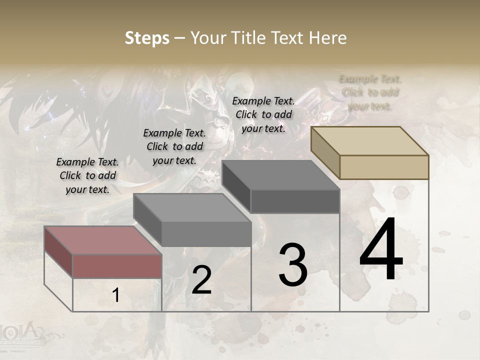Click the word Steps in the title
tap(147, 38)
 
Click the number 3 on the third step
tap(293, 264)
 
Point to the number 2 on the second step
tap(201, 280)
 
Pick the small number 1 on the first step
tap(116, 295)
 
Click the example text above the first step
tap(87, 175)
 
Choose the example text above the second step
tap(174, 146)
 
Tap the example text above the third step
tap(263, 114)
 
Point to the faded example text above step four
tap(370, 92)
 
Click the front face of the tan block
tap(384, 167)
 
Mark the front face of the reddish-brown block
tap(117, 266)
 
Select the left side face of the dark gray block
tap(236, 186)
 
